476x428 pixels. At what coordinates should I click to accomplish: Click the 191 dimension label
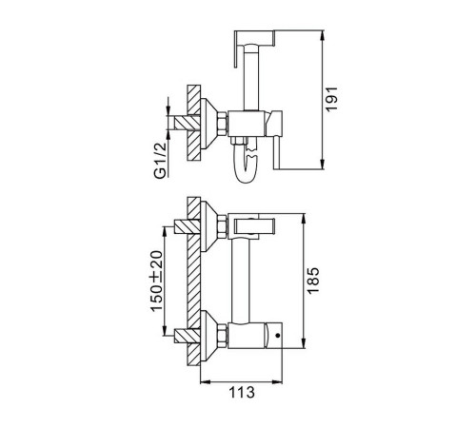[x=332, y=99]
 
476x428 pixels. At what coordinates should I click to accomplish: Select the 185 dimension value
[x=313, y=281]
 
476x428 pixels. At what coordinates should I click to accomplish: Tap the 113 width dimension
[x=242, y=392]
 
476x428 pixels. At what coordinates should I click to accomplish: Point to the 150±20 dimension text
[x=156, y=282]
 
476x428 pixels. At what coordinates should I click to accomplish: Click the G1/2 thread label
[x=160, y=161]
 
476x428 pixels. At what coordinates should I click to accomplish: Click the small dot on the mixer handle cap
[x=278, y=335]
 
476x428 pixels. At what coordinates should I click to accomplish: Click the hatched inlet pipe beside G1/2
[x=184, y=123]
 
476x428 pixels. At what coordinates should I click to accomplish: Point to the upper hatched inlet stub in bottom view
[x=188, y=226]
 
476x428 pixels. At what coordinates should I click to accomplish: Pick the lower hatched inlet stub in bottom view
[x=188, y=336]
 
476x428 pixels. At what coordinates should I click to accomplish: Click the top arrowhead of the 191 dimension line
[x=323, y=35]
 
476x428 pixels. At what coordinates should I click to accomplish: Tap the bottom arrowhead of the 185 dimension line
[x=304, y=343]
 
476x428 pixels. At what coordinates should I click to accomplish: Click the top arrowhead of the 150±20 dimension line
[x=165, y=232]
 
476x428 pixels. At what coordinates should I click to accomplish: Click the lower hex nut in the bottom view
[x=222, y=336]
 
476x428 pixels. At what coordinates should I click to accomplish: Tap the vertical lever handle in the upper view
[x=278, y=140]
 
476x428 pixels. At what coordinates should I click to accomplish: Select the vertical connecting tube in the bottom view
[x=241, y=281]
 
